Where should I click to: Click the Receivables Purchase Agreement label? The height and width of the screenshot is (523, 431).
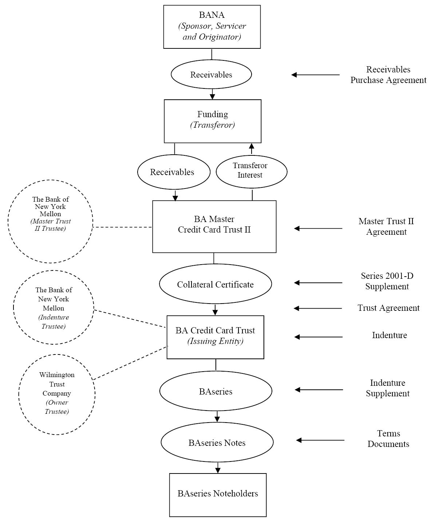click(x=388, y=75)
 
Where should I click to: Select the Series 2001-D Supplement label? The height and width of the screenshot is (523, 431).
click(x=387, y=281)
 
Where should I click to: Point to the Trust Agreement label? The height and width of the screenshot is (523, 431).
click(x=388, y=308)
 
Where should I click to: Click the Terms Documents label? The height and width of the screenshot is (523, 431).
click(x=388, y=439)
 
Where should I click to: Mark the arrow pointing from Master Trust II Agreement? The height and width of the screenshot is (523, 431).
click(x=318, y=229)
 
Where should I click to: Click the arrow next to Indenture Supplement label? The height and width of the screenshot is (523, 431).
click(x=319, y=390)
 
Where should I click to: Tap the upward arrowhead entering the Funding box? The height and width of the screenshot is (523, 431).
click(x=252, y=146)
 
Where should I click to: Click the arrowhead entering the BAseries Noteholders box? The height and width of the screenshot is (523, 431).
click(x=218, y=470)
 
